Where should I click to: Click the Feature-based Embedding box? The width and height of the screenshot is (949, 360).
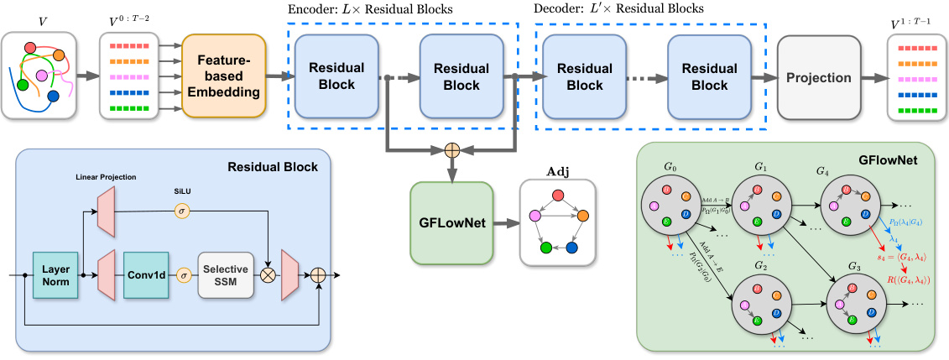point(222,76)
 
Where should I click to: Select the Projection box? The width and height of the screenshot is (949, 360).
point(818,77)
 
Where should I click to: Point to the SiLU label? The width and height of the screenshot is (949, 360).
point(182,190)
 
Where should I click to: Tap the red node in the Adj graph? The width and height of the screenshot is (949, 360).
point(557,196)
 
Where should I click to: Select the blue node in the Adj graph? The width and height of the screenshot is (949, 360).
point(572,248)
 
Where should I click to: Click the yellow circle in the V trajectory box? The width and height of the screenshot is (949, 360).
point(60,56)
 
